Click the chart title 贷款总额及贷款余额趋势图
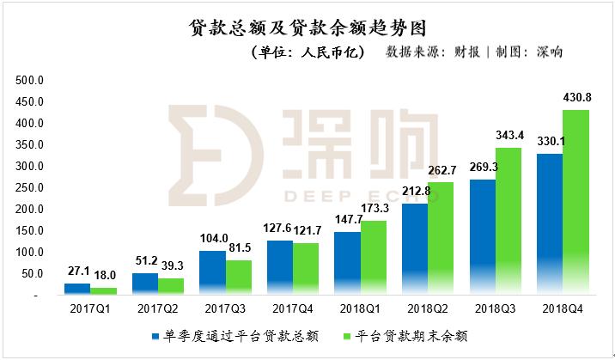tap(307, 28)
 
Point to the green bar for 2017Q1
tap(104, 290)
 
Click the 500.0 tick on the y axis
tap(30, 81)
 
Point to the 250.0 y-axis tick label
tap(30, 188)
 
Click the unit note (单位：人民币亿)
tap(308, 53)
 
